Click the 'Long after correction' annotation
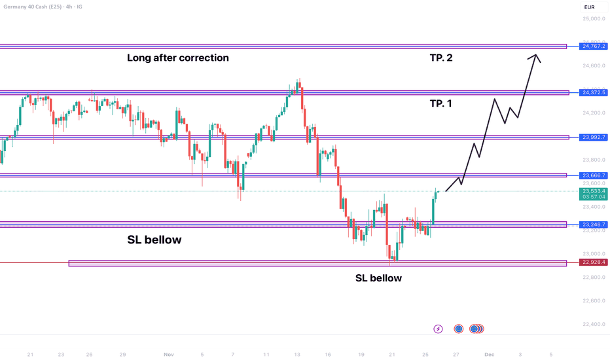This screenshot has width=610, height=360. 178,58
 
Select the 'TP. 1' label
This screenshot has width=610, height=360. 440,103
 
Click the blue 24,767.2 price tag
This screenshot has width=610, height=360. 594,46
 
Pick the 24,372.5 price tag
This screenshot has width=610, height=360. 594,93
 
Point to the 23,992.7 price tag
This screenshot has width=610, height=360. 594,137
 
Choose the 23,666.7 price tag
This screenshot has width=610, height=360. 594,175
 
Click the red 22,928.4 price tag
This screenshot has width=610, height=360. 594,262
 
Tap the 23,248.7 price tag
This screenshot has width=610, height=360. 594,225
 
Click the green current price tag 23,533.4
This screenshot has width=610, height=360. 594,191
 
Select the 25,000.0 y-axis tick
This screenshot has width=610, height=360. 594,19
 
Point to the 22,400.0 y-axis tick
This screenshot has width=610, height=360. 594,325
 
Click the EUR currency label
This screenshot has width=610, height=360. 590,7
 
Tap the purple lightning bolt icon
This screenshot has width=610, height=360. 438,329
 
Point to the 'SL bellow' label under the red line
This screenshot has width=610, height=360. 378,278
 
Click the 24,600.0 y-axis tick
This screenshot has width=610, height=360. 594,66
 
